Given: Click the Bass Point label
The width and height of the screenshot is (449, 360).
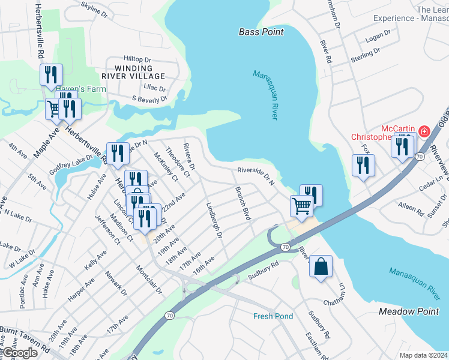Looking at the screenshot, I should pyautogui.click(x=261, y=32).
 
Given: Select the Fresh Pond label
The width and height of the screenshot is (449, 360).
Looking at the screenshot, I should pyautogui.click(x=273, y=316).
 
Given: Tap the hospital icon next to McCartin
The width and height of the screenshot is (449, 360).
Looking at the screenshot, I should pyautogui.click(x=424, y=130).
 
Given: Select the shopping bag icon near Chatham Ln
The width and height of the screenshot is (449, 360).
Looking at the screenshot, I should pyautogui.click(x=321, y=266).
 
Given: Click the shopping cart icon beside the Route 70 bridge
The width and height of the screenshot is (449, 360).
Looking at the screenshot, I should pyautogui.click(x=301, y=206).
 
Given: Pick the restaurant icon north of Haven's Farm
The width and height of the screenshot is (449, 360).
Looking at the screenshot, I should pyautogui.click(x=51, y=74).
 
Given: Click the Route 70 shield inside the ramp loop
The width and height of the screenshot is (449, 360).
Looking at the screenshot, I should pyautogui.click(x=285, y=247).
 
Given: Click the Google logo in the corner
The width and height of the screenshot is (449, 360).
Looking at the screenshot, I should pyautogui.click(x=20, y=352).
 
